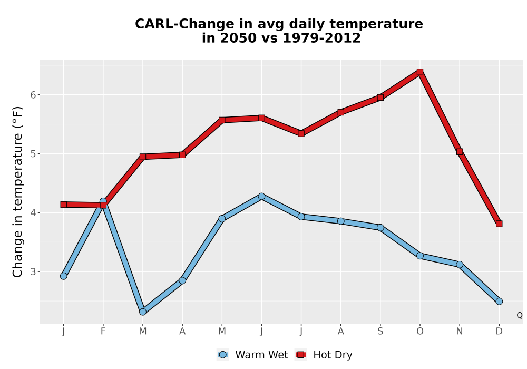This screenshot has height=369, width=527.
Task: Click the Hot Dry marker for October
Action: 420,72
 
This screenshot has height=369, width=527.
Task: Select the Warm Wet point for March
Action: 143,312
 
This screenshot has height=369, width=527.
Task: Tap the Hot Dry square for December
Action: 499,224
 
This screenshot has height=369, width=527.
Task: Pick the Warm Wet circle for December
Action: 499,302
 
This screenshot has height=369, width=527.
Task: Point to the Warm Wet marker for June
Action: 261,196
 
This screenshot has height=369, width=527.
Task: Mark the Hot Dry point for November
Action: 460,152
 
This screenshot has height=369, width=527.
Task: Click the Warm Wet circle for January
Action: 64,276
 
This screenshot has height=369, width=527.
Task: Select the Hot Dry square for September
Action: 380,98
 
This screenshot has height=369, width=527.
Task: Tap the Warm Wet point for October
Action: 420,256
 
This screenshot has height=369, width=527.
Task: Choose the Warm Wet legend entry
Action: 252,355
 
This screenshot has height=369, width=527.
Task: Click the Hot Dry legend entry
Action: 324,355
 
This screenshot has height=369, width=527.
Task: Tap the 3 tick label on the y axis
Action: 33,272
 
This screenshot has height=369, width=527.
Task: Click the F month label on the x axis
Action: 103,332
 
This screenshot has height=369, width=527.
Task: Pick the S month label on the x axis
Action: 380,332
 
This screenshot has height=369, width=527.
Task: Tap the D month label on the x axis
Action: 499,332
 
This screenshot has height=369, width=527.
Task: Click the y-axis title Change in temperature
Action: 17,192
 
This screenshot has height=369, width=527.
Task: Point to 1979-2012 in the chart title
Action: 321,38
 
